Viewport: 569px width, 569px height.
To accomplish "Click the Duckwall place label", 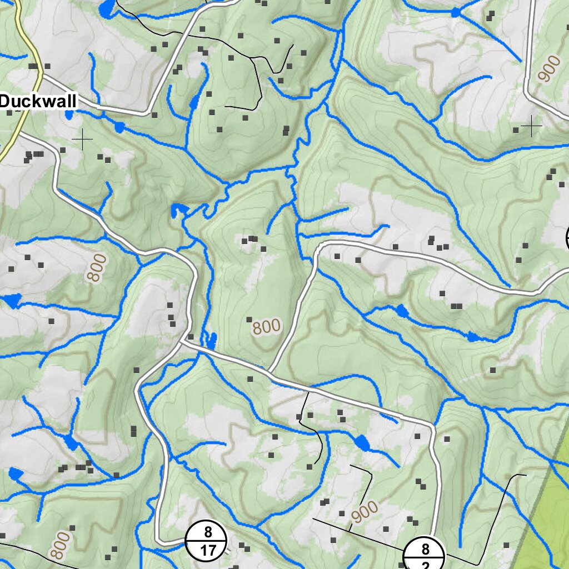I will [38, 102].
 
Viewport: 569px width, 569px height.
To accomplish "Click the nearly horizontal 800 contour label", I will [267, 327].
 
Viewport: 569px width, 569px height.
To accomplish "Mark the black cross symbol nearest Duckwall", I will [82, 139].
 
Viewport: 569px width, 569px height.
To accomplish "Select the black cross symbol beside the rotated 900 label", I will [531, 127].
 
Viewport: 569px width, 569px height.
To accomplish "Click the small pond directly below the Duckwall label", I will [69, 115].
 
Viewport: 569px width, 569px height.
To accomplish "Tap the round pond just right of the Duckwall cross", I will [119, 127].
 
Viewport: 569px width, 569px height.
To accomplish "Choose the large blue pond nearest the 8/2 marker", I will [362, 443].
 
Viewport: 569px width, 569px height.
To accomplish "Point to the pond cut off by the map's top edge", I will [107, 7].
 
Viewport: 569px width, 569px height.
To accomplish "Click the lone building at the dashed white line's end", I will [492, 370].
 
